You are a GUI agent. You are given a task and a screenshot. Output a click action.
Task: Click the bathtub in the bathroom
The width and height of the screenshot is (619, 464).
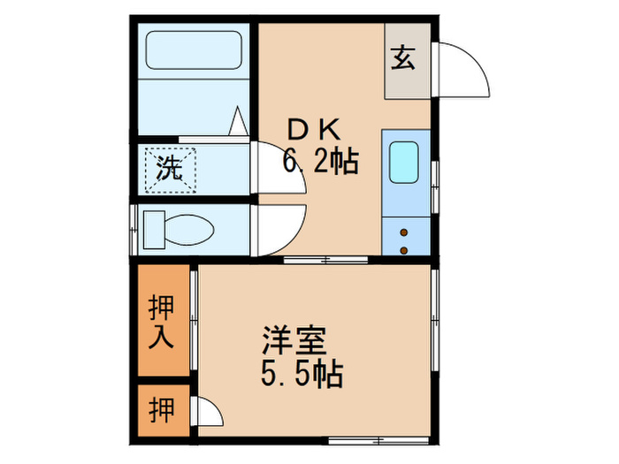point(193,50)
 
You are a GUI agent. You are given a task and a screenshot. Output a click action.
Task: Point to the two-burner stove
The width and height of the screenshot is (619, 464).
point(406,239)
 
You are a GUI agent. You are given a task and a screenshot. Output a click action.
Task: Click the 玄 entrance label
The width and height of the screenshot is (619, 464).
point(405,59)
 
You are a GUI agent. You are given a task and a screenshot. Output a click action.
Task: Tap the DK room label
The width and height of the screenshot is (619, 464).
point(310,130)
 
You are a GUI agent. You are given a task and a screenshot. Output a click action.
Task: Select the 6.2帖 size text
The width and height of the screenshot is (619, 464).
point(320,162)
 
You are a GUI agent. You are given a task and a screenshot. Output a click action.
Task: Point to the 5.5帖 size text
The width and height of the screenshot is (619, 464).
point(302,377)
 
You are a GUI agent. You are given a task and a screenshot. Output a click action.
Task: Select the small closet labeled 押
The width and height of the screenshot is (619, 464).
point(162,410)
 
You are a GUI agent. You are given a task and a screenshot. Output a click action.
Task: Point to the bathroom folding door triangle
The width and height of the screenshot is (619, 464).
point(238,122)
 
